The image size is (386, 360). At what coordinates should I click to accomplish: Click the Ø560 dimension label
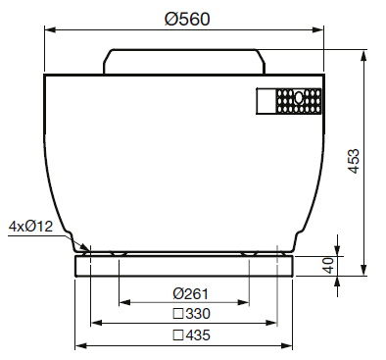tap(187, 19)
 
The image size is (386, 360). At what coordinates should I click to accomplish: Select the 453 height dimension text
tap(353, 161)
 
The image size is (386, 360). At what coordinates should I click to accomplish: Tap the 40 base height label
tap(328, 265)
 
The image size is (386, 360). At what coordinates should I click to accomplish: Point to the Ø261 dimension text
tap(190, 293)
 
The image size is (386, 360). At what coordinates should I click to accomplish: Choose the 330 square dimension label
tap(191, 314)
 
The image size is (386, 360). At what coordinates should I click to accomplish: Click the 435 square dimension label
tap(191, 335)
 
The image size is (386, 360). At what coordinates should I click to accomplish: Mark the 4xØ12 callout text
tap(30, 227)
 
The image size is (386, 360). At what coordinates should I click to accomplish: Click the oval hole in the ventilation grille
tap(299, 97)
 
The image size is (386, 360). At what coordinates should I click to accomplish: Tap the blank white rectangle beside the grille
tap(266, 101)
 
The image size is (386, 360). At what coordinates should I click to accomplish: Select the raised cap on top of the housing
tap(184, 62)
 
